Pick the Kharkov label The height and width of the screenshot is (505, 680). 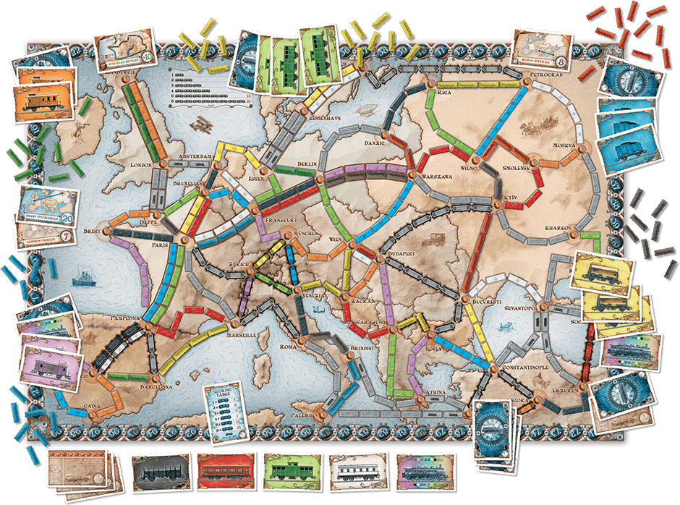tap(560, 228)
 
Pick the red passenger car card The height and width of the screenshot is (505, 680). tap(225, 474)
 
